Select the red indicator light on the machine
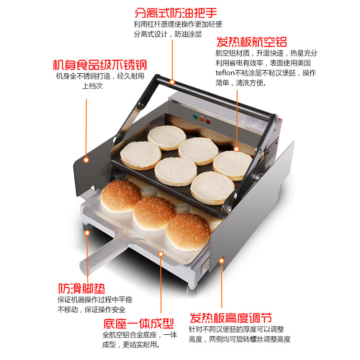[x=208, y=121]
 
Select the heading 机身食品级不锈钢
[x=99, y=65]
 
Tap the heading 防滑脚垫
[x=81, y=288]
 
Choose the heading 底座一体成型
[x=138, y=324]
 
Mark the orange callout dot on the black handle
[x=172, y=82]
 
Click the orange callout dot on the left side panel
[x=86, y=159]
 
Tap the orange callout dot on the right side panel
[x=221, y=260]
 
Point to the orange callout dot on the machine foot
[x=87, y=232]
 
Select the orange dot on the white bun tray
[x=160, y=254]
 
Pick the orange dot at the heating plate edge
[x=237, y=148]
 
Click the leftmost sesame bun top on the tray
[x=120, y=196]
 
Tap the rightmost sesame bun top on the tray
[x=188, y=231]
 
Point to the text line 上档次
[x=92, y=86]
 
